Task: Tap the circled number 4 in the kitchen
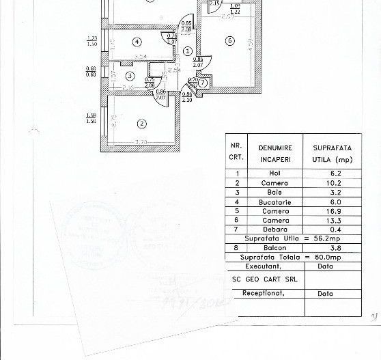coord(137,42)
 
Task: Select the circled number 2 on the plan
coord(141,124)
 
